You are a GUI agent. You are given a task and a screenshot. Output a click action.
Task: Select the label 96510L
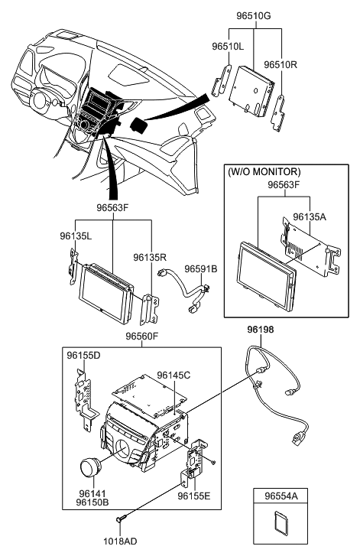[x=229, y=47]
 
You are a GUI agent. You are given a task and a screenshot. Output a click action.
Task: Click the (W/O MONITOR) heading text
[x=264, y=172]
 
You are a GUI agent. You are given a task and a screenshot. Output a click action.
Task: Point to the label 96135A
[x=310, y=216]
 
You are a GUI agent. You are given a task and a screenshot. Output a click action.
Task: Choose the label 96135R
[x=150, y=258]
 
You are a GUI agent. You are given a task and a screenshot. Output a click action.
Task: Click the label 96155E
[x=195, y=495]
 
